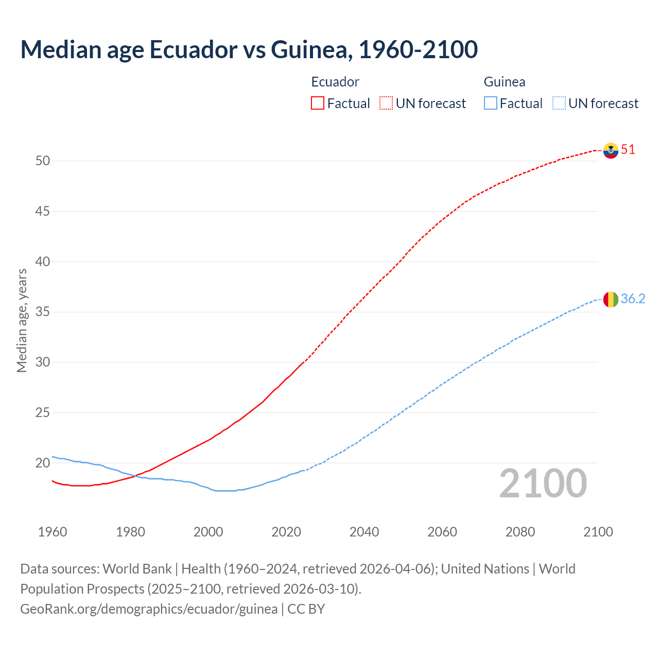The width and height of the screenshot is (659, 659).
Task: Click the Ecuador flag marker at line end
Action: (611, 150)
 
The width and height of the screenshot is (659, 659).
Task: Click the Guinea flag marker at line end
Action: (611, 299)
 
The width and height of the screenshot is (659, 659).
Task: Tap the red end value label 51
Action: (628, 150)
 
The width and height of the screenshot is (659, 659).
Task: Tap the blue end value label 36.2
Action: (633, 299)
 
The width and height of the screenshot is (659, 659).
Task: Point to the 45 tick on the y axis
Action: (43, 211)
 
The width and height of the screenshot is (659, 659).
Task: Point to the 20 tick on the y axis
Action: (43, 463)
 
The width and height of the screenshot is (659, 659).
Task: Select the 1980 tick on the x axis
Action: (130, 532)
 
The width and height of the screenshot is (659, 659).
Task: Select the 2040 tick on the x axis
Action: (364, 532)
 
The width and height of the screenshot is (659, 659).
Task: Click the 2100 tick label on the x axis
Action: (598, 532)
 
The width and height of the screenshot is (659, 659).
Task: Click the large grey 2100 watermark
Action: (543, 483)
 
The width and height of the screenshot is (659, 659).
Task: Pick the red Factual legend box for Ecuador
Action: (318, 103)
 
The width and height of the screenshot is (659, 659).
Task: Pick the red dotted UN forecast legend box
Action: (386, 103)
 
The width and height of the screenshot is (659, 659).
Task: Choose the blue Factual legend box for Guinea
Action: (490, 103)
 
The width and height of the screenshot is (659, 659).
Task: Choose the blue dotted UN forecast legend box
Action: (559, 103)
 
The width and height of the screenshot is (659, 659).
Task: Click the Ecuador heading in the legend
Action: (335, 82)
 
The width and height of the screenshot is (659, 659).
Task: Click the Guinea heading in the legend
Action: (505, 82)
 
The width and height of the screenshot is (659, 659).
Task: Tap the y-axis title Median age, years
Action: (22, 320)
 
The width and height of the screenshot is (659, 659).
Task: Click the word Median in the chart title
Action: (60, 49)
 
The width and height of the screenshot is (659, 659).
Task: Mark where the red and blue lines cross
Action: (135, 476)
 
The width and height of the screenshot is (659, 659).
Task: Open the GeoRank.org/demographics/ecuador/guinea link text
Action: (149, 609)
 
